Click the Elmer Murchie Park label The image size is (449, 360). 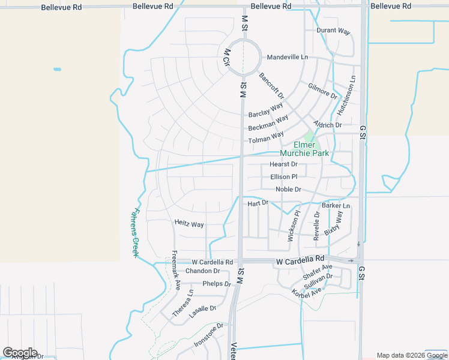click(x=311, y=149)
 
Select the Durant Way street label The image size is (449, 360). click(x=333, y=31)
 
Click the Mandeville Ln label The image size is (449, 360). click(x=287, y=57)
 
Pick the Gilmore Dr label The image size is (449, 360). click(x=323, y=91)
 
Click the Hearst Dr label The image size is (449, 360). click(x=283, y=164)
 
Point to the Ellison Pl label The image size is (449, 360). click(x=284, y=177)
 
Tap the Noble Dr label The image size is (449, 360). click(x=288, y=190)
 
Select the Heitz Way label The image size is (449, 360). click(x=189, y=224)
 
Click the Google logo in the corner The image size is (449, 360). click(x=20, y=352)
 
